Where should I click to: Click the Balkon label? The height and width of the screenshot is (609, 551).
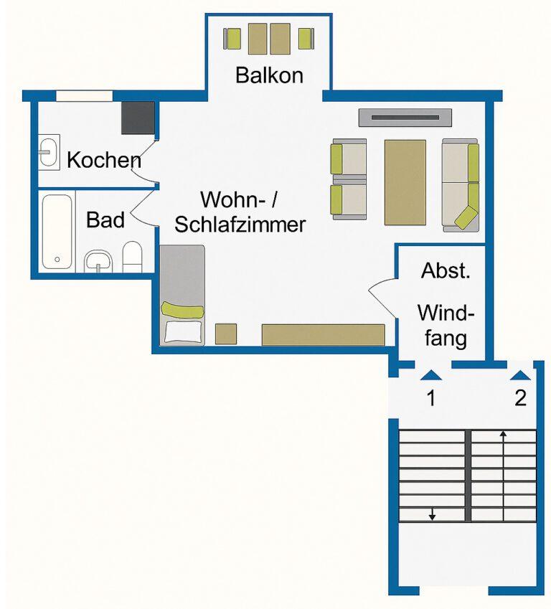(269, 75)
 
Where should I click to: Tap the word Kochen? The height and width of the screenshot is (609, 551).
(103, 160)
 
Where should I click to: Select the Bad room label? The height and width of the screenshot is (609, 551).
(105, 219)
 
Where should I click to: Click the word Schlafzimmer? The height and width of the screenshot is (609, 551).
(240, 224)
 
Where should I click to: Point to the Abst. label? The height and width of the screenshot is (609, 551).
(445, 271)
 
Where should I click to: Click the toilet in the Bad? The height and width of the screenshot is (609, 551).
(133, 257)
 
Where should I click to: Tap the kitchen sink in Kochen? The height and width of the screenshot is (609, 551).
(49, 154)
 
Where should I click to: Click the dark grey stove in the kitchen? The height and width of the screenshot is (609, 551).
(138, 118)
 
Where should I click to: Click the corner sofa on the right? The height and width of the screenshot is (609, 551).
(460, 185)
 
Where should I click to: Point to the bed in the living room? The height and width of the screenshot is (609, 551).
(182, 294)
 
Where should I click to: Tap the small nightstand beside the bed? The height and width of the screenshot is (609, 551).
(226, 334)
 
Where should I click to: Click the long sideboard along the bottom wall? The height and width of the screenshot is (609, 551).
(323, 334)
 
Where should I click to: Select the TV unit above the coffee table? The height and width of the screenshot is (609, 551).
(405, 117)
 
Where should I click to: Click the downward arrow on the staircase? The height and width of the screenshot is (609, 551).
(432, 514)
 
